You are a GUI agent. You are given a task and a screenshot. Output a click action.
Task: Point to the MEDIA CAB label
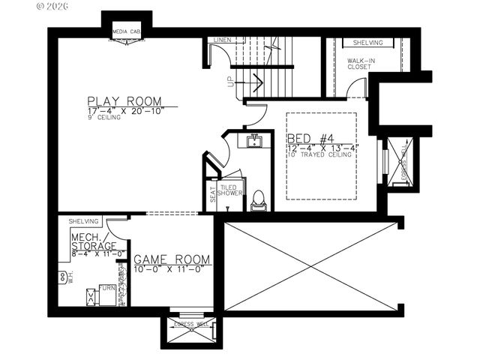(126, 32)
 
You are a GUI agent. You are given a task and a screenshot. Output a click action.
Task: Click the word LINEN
(222, 40)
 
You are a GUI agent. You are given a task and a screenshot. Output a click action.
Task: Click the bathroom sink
(254, 141)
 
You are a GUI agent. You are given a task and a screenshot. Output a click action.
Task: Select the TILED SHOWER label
(231, 190)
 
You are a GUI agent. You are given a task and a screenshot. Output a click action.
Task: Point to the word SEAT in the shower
(212, 195)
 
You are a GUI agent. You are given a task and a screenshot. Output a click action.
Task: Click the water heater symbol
(62, 277)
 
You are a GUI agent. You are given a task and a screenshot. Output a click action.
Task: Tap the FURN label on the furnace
(108, 289)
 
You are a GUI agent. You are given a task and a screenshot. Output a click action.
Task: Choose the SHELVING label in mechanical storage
(84, 222)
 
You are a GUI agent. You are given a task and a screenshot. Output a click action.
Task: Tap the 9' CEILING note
(103, 118)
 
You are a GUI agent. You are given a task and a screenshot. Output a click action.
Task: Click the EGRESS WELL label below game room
(190, 324)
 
